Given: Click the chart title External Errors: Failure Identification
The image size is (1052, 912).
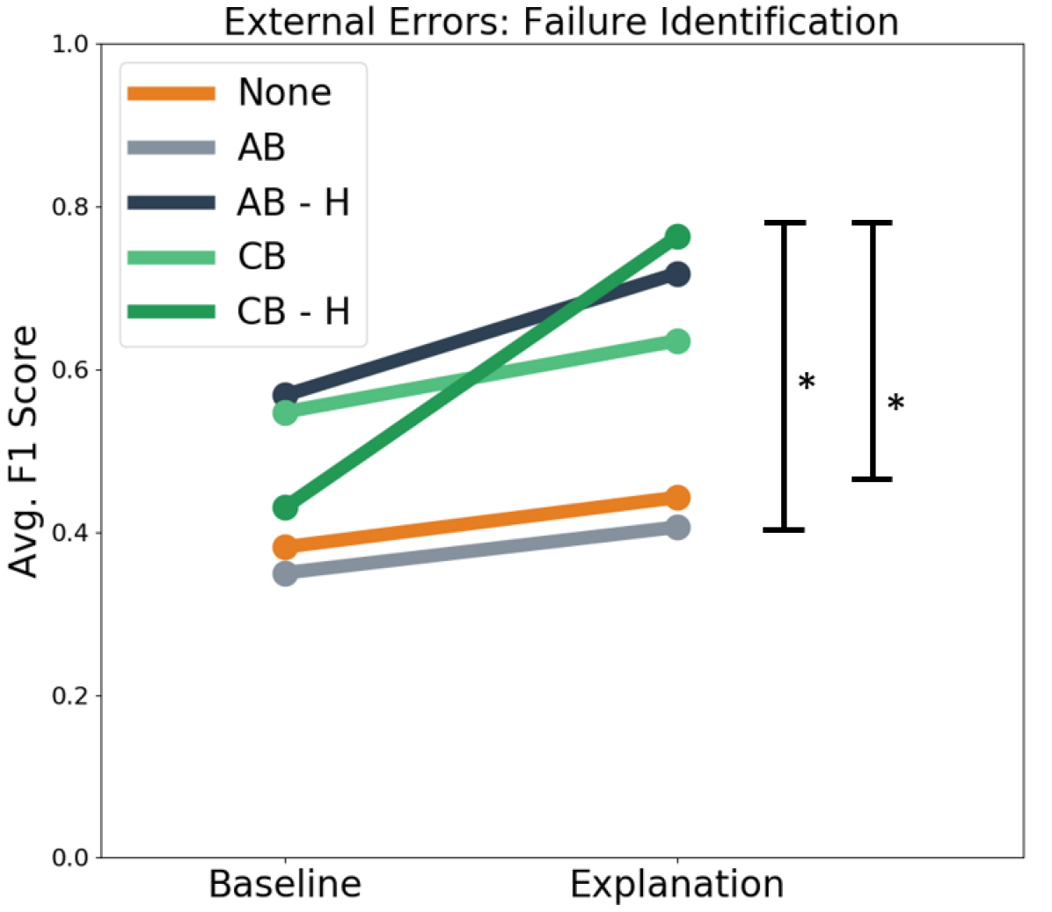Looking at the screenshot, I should (x=561, y=21).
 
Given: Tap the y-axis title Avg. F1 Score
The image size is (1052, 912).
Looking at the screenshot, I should (x=26, y=452).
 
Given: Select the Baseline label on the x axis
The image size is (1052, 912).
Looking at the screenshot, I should (x=285, y=884).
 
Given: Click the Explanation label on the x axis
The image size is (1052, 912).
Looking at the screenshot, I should (x=676, y=884).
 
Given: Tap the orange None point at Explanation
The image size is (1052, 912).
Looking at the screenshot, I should (x=677, y=498).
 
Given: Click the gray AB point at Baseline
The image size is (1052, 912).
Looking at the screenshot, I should (x=285, y=573).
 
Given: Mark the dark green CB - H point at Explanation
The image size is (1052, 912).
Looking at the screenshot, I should (x=677, y=237).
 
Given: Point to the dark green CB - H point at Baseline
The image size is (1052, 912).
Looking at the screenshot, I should (x=285, y=507).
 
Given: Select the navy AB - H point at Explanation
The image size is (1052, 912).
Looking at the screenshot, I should (x=677, y=274).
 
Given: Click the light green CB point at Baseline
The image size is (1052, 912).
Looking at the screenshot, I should (x=285, y=412).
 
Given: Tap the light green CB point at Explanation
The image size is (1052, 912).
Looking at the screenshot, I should (x=677, y=341).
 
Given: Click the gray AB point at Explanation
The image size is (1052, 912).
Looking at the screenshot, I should (x=677, y=528).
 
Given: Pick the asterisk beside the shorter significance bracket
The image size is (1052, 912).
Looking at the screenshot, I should (x=895, y=405).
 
